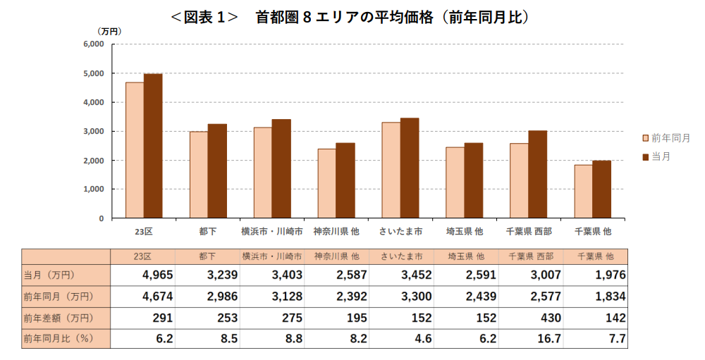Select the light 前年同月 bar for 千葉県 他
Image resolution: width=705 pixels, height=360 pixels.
pyautogui.click(x=583, y=191)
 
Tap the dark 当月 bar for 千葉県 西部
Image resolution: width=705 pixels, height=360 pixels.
pyautogui.click(x=537, y=174)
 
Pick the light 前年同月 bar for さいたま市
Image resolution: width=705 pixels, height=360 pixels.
pyautogui.click(x=391, y=170)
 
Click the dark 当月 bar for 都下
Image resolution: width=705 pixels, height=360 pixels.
pyautogui.click(x=217, y=171)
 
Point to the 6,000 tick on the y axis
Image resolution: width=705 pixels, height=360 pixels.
pyautogui.click(x=93, y=44)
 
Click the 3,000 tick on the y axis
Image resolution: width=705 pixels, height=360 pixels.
pyautogui.click(x=93, y=131)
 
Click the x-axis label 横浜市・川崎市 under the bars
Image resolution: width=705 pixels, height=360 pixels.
pyautogui.click(x=271, y=231)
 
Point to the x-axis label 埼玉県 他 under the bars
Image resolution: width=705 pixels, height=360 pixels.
pyautogui.click(x=464, y=231)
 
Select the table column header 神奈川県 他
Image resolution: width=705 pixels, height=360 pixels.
pyautogui.click(x=336, y=256)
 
